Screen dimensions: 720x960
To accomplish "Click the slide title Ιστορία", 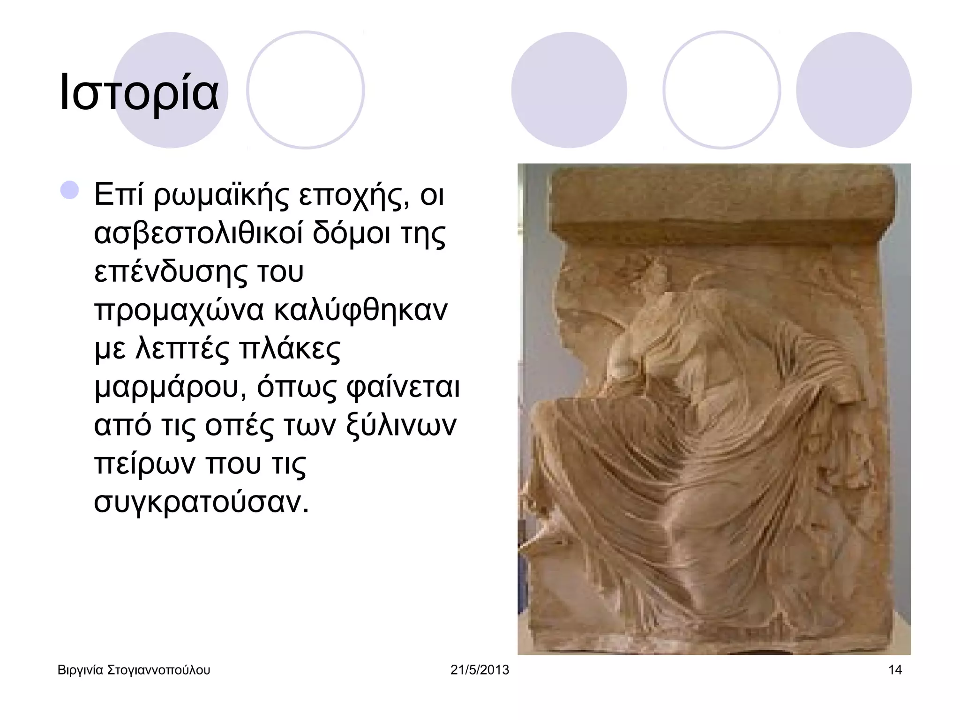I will [139, 92].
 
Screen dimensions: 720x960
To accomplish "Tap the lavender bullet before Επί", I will [70, 190].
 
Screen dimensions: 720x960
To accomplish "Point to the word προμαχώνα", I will [179, 310].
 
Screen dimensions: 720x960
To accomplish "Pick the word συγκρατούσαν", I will [202, 502].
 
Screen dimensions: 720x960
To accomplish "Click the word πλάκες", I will [290, 349].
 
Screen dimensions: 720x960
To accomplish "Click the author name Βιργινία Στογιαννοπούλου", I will [134, 670].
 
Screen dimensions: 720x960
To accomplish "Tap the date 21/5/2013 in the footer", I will [480, 670].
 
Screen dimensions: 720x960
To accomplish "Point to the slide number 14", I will [895, 670].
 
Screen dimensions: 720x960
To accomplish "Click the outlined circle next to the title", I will [306, 90].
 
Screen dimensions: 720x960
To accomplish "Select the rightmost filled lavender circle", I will [854, 90].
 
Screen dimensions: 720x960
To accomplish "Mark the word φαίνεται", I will [403, 387].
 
